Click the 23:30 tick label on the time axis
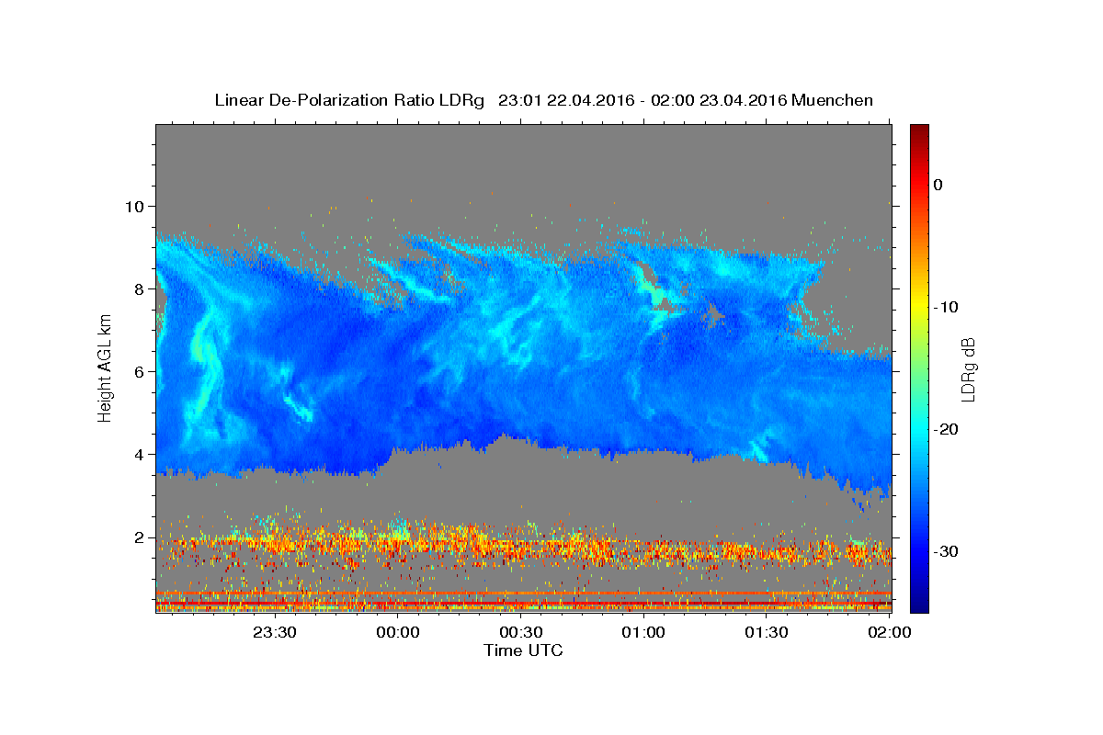pos(275,632)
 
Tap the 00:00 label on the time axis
pos(398,632)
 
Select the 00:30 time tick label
pos(521,632)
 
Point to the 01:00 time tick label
pos(643,632)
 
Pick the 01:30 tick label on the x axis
pos(767,632)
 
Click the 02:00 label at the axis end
pos(890,632)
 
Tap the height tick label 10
pos(134,207)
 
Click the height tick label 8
pos(140,289)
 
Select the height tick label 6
pos(140,372)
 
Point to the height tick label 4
pos(140,455)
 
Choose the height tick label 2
pos(140,537)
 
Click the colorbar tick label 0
pos(938,185)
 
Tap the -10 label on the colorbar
pos(946,307)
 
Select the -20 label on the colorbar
pos(946,429)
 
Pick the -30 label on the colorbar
pos(946,551)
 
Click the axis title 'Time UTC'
pos(523,650)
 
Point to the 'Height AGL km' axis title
pos(105,368)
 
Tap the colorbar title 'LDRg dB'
pos(968,369)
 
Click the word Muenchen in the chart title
pos(832,100)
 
